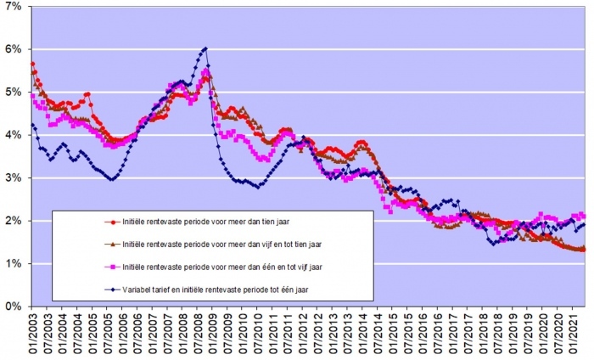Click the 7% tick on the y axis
[14, 7]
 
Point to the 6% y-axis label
[14, 49]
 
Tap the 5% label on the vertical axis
[14, 92]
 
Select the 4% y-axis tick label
[14, 135]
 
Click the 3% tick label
[14, 177]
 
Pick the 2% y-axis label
[14, 221]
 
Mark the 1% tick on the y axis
[14, 263]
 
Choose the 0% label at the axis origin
[14, 306]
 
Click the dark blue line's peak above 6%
[205, 48]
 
